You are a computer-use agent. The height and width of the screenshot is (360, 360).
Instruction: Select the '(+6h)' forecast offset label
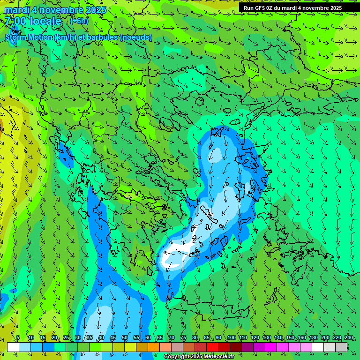pyautogui.click(x=79, y=21)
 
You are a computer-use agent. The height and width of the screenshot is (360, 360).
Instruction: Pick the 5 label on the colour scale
pyautogui.click(x=18, y=337)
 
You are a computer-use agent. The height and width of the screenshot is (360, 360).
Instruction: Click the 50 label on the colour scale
pyautogui.click(x=124, y=337)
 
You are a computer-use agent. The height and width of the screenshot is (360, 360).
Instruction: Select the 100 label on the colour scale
pyautogui.click(x=231, y=337)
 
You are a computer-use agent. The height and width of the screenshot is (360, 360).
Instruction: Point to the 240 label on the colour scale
pyautogui.click(x=348, y=337)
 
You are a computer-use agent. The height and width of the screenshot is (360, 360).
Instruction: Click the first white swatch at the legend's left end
pyautogui.click(x=13, y=347)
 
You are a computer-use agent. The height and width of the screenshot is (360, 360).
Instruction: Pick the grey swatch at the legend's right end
pyautogui.click(x=341, y=347)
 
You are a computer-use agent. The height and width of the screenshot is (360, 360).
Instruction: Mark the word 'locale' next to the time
pyautogui.click(x=45, y=21)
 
